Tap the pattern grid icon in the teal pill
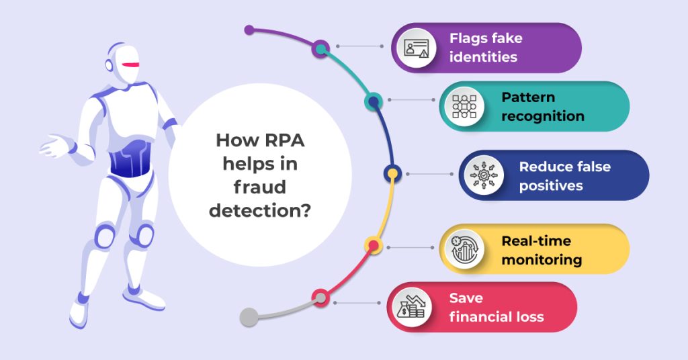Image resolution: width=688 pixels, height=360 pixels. (464, 106)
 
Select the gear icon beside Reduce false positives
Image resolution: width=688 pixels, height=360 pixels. (483, 175)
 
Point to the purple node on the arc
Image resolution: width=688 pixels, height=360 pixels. (322, 48)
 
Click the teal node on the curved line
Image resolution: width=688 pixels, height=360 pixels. (374, 101)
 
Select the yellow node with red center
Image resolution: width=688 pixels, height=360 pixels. (373, 245)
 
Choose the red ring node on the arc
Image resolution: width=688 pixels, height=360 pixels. (320, 297)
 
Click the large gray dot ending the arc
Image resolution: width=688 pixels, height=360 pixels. (249, 317)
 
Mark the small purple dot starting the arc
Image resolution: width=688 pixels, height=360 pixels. (249, 30)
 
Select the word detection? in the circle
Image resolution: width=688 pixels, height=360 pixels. (260, 211)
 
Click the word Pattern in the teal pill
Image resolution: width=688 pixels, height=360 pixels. (528, 97)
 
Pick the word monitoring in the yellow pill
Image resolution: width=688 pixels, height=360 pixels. (542, 259)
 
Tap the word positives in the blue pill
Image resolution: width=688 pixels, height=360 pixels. (551, 186)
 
